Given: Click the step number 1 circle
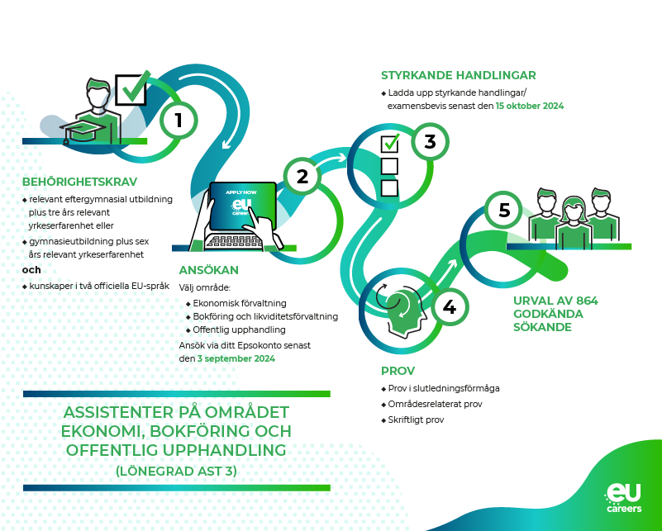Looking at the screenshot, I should tap(179, 121).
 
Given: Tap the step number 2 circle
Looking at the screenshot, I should tap(302, 176).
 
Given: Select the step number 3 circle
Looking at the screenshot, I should tap(430, 141).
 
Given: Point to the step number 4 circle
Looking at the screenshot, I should tap(449, 307).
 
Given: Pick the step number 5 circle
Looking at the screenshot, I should tap(504, 210).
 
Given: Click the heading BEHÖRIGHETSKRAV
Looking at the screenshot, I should tap(80, 182).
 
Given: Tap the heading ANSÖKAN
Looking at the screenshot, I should tap(209, 270).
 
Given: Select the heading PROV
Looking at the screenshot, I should tap(398, 371).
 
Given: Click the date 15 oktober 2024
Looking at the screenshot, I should tap(530, 107).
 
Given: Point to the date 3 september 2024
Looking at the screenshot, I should tap(236, 359).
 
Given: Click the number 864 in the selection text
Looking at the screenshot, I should tap(582, 300).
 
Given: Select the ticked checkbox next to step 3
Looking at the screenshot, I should tap(389, 144).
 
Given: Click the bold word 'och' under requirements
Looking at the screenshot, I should tap(31, 270).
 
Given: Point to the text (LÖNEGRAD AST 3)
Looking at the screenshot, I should tap(176, 472).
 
